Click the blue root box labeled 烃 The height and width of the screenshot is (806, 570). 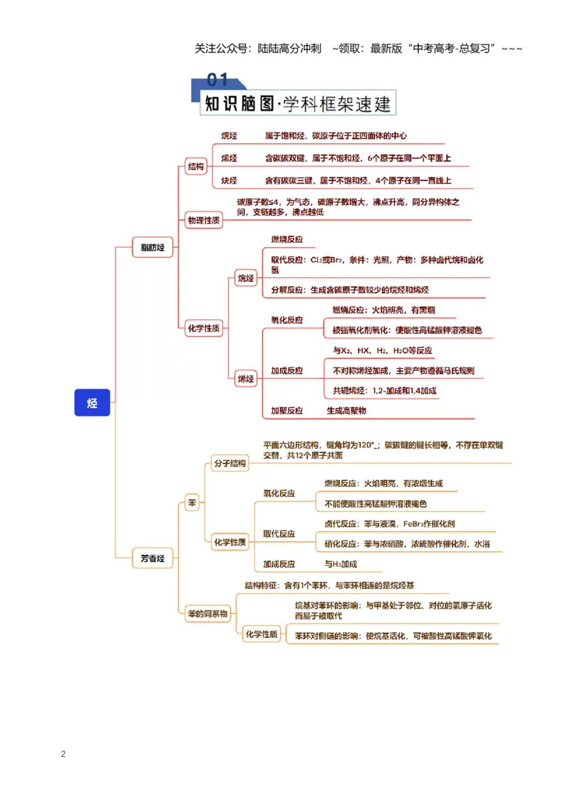click(92, 402)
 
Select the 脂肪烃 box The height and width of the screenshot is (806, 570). click(152, 247)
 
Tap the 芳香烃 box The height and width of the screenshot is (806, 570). click(152, 558)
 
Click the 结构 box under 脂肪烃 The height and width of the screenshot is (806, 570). click(195, 167)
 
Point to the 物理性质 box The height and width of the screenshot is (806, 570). click(204, 221)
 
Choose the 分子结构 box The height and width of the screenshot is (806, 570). click(230, 463)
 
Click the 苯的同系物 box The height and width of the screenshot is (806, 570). click(208, 614)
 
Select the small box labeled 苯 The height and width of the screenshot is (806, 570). click(192, 503)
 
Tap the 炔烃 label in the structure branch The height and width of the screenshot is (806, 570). click(229, 180)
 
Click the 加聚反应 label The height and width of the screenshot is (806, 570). click(287, 411)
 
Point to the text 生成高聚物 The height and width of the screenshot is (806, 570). click(346, 411)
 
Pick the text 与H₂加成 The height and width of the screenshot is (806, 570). click(341, 564)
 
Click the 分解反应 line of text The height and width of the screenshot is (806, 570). click(350, 290)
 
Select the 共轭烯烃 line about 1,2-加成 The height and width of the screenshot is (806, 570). click(384, 391)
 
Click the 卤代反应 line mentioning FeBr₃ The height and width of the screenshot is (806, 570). click(390, 524)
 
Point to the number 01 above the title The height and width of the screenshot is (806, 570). click(217, 80)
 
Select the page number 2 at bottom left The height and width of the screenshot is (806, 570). click(63, 754)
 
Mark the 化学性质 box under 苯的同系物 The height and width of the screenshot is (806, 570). click(261, 634)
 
